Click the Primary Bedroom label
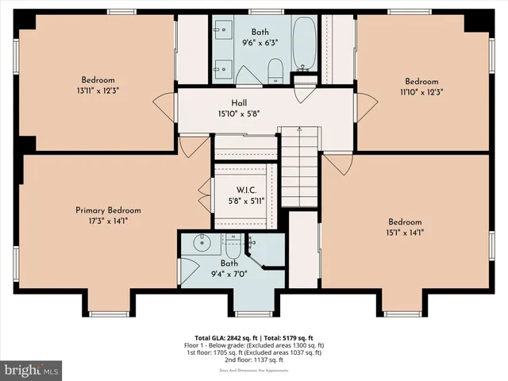click(x=108, y=210)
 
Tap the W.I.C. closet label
click(x=244, y=190)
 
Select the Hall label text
click(x=239, y=102)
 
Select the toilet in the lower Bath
click(x=234, y=242)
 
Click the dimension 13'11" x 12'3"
click(x=98, y=90)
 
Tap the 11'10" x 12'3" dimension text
click(x=421, y=92)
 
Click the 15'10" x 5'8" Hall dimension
click(x=239, y=114)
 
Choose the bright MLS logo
click(x=33, y=370)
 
